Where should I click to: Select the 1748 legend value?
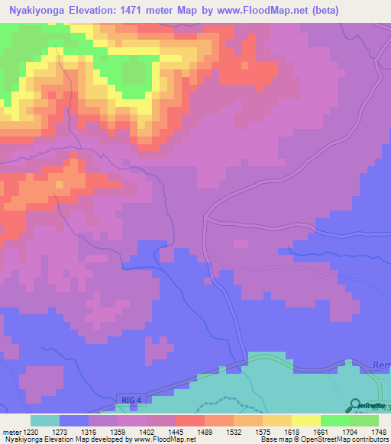pyautogui.click(x=379, y=431)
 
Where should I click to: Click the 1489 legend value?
pyautogui.click(x=206, y=431)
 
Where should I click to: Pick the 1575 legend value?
pyautogui.click(x=263, y=431)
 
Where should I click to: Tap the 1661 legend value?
pyautogui.click(x=321, y=431)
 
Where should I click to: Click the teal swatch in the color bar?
pyautogui.click(x=45, y=420)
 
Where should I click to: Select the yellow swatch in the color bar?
pyautogui.click(x=305, y=420)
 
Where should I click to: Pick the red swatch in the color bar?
pyautogui.click(x=189, y=420)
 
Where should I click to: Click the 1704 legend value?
pyautogui.click(x=350, y=431)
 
